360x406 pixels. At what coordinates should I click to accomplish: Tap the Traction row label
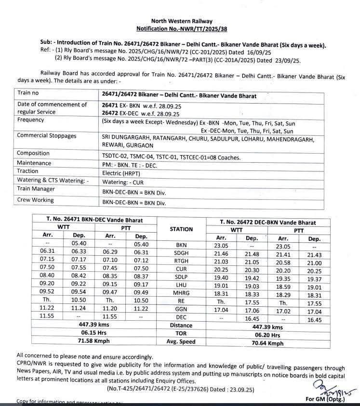[x=28, y=170]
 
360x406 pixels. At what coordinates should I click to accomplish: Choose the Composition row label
[x=33, y=153]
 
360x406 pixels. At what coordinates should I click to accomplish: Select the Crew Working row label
[x=35, y=200]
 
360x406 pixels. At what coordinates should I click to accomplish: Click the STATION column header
[x=182, y=229]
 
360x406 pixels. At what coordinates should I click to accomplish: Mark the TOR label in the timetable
[x=182, y=333]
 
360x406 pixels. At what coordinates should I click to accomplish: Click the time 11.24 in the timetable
[x=79, y=307]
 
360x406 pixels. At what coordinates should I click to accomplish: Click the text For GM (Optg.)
[x=322, y=399]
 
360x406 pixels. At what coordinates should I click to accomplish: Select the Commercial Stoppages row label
[x=46, y=136]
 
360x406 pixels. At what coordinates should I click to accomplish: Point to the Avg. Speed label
[x=182, y=342]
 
